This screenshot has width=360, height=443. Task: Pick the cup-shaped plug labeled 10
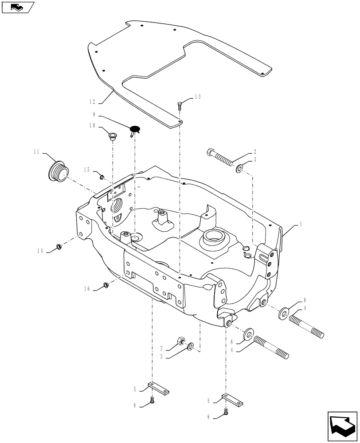coord(112,135)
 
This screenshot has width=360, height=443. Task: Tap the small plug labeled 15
coord(102,177)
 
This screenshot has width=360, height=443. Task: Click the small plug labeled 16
coord(106,284)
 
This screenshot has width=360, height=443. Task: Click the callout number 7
coord(162,348)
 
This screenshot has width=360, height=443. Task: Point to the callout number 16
coord(87,289)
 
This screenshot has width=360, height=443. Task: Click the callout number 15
coord(86,170)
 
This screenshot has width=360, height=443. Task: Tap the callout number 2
coord(255,151)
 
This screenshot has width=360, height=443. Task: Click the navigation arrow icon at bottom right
coord(342,426)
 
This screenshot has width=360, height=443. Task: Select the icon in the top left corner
coord(18,7)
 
